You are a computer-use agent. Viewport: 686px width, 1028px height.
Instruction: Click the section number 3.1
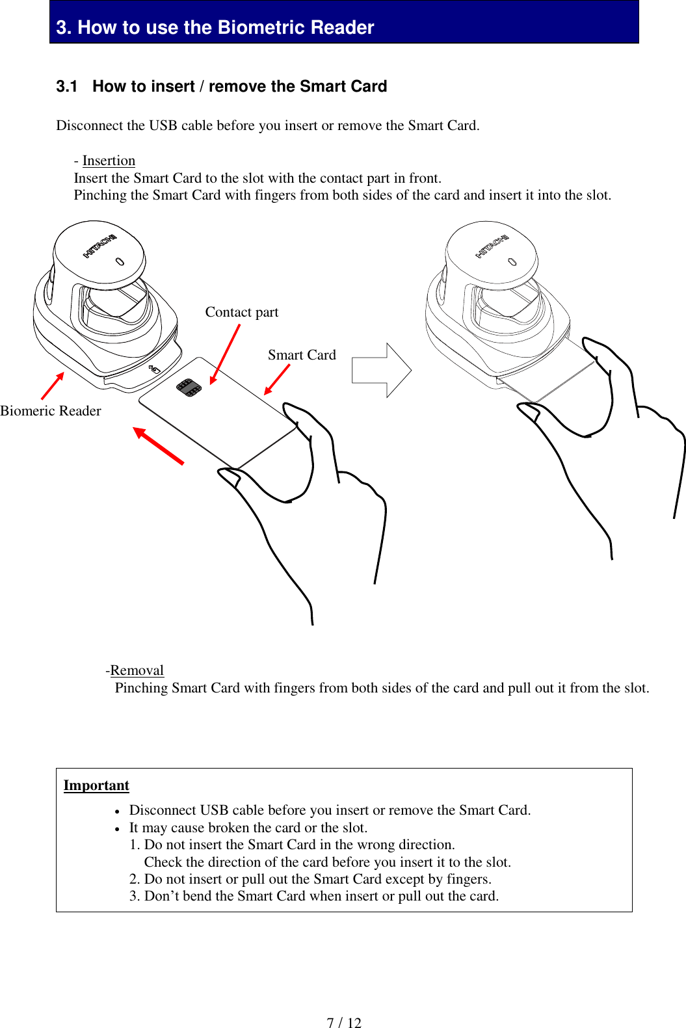click(66, 86)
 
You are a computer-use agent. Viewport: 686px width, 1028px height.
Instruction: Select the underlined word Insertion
click(109, 161)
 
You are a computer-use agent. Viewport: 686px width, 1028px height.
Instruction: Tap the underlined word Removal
click(137, 670)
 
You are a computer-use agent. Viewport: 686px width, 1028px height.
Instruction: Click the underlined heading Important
click(96, 785)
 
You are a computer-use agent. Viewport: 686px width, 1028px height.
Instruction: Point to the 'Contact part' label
click(242, 312)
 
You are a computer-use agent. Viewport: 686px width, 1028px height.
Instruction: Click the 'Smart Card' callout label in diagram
click(302, 355)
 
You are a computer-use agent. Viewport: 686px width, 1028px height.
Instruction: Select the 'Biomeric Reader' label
click(51, 411)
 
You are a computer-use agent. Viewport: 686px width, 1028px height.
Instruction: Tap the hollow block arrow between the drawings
click(381, 371)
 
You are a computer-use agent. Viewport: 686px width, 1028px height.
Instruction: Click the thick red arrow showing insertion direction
click(159, 445)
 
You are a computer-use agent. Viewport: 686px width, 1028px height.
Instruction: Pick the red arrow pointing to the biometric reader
click(53, 386)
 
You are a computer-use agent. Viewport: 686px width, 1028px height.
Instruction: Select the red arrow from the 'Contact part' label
click(225, 354)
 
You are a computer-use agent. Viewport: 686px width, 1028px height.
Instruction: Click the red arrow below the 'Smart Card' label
click(277, 380)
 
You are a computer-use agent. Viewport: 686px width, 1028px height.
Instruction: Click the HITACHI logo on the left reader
click(99, 246)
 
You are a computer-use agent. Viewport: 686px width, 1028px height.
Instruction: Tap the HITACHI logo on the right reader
click(492, 246)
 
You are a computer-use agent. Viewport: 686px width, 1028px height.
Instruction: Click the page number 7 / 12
click(343, 1022)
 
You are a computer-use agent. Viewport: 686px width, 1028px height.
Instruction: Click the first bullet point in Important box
click(117, 811)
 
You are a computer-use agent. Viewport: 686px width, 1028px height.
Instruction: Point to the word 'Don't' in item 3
click(161, 896)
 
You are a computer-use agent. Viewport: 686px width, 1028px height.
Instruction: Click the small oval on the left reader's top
click(120, 261)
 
